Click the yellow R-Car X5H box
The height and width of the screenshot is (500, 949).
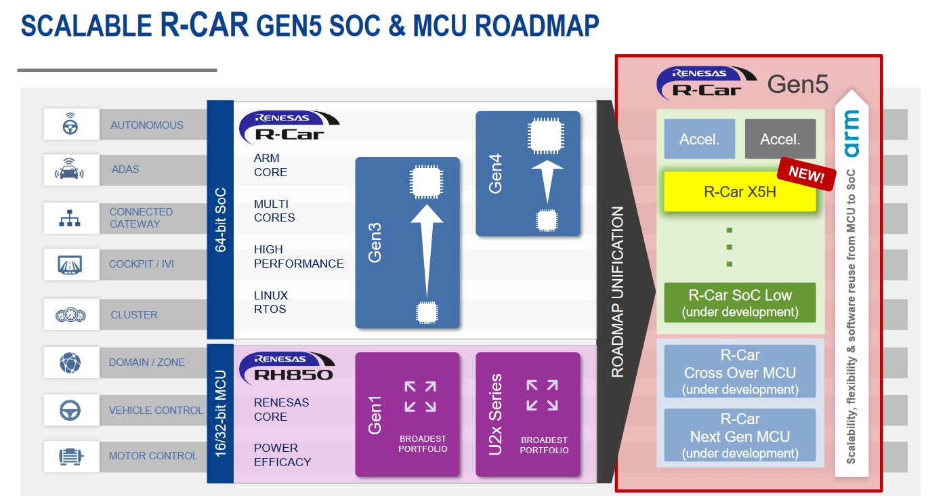pyautogui.click(x=740, y=192)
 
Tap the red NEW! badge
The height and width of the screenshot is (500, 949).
pyautogui.click(x=806, y=174)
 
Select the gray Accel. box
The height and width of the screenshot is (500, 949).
pyautogui.click(x=780, y=139)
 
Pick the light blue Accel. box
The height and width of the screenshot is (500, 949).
pyautogui.click(x=700, y=139)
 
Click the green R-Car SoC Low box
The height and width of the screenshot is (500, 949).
pyautogui.click(x=740, y=303)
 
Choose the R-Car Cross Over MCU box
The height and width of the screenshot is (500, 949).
pyautogui.click(x=740, y=371)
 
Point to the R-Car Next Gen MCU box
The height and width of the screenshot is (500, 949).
pyautogui.click(x=740, y=435)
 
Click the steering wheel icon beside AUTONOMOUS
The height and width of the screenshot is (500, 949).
pyautogui.click(x=70, y=124)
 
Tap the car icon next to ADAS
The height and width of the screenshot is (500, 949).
pyautogui.click(x=69, y=169)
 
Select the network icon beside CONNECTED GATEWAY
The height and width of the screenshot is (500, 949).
pyautogui.click(x=70, y=218)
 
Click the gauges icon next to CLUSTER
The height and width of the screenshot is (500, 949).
pyautogui.click(x=70, y=315)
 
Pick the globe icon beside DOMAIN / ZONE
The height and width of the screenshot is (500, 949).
pyautogui.click(x=70, y=362)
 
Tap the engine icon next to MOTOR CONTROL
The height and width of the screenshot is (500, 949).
pyautogui.click(x=70, y=457)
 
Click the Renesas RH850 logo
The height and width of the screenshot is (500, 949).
pyautogui.click(x=287, y=368)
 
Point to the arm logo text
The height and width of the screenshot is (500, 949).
pyautogui.click(x=851, y=134)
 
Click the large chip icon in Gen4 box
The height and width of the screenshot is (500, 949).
pyautogui.click(x=546, y=136)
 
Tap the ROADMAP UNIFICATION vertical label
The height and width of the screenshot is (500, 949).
pyautogui.click(x=617, y=292)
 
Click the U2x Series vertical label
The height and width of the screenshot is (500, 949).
pyautogui.click(x=495, y=415)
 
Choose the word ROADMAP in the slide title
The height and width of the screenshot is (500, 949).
pyautogui.click(x=536, y=26)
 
